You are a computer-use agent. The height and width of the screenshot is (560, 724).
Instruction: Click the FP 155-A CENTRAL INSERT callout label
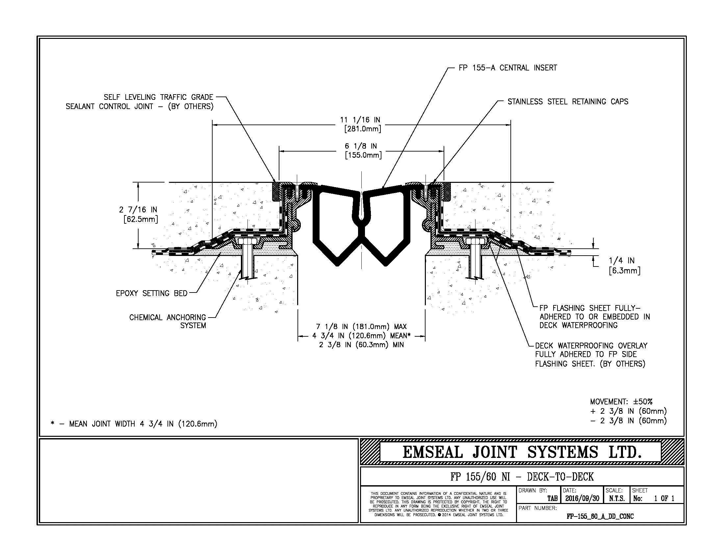tap(507, 68)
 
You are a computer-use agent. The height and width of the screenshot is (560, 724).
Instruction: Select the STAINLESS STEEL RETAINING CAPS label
tap(568, 101)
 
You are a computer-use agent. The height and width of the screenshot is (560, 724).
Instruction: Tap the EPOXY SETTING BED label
tap(151, 293)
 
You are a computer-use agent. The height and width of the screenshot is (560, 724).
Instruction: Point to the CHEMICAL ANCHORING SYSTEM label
tap(168, 322)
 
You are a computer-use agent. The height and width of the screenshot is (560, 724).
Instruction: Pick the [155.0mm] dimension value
tap(363, 155)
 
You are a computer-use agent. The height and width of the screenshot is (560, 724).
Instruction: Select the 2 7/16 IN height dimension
tap(138, 210)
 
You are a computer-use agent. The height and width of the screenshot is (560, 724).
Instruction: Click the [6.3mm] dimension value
tap(625, 271)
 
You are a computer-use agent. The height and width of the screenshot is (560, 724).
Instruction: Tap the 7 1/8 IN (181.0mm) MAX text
tap(361, 327)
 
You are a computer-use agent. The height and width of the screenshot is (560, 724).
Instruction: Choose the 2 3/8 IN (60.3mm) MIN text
tap(361, 345)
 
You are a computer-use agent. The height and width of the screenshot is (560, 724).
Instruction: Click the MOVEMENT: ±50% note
tap(621, 402)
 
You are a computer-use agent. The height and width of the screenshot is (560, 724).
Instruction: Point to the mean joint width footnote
tap(134, 424)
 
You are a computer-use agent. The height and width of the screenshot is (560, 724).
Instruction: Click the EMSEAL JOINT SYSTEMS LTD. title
tap(522, 452)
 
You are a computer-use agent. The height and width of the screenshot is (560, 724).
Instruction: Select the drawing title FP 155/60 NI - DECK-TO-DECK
tap(522, 477)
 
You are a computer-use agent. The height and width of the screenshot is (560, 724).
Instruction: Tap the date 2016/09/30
tap(582, 498)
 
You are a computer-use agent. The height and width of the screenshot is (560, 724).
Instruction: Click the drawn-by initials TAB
tap(552, 498)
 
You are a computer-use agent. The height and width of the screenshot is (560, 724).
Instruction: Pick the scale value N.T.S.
tap(617, 498)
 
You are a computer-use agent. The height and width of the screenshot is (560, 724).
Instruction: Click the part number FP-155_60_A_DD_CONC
tap(600, 516)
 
